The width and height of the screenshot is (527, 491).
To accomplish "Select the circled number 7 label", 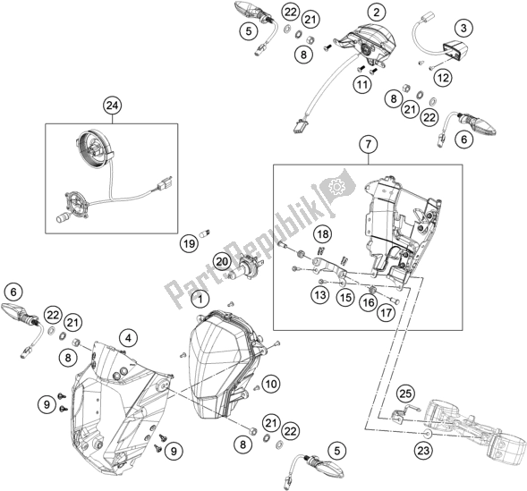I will point(365,143).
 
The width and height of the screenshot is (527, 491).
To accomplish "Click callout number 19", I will point(189,242).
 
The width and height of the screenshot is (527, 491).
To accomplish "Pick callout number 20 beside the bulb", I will point(221,261).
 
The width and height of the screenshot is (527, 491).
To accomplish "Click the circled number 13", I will point(320,293).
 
